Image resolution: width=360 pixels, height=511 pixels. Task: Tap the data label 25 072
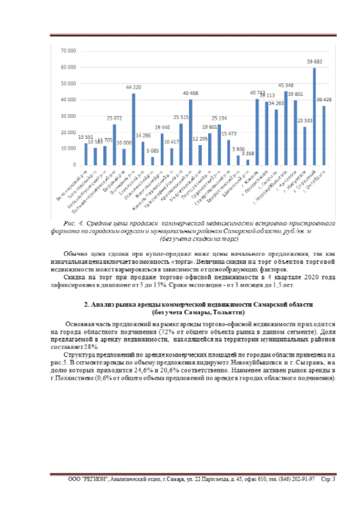point(114,118)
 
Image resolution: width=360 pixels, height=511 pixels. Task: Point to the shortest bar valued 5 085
point(152,161)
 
